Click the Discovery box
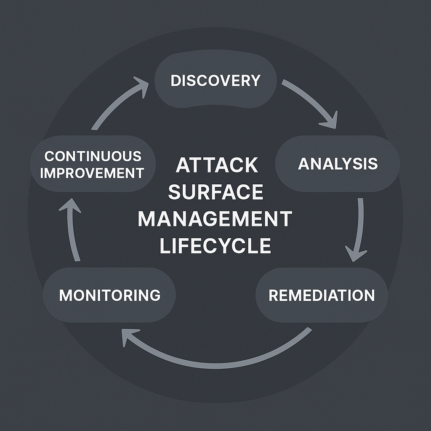pos(215,80)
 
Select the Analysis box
pos(338,164)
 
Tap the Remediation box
pos(322,295)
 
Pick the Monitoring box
pos(109,295)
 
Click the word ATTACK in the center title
pos(217,165)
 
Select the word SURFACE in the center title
pos(215,192)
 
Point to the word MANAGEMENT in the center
pos(215,219)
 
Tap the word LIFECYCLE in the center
pos(215,246)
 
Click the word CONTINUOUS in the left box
pos(93,156)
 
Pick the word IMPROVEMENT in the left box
pos(92,173)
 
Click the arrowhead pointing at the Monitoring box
pos(127,337)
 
